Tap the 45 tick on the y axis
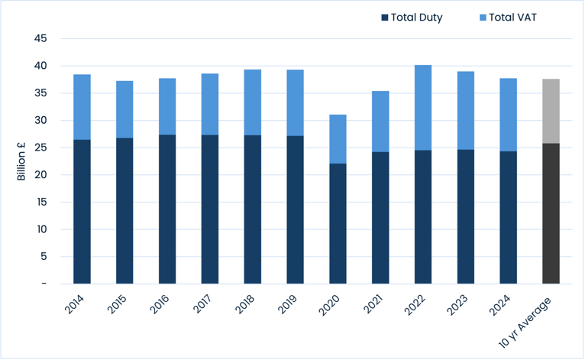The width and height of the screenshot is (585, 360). click(40, 38)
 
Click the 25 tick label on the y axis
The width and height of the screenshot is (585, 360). click(40, 148)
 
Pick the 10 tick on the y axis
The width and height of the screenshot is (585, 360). click(40, 229)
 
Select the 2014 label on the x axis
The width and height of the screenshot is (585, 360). click(76, 306)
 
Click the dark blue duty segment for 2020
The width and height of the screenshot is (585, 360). click(338, 223)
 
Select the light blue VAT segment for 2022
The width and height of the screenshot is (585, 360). click(423, 107)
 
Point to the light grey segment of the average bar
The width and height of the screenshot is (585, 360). click(551, 111)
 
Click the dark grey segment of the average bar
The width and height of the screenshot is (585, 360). click(551, 213)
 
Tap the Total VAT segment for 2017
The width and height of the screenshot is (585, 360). click(209, 104)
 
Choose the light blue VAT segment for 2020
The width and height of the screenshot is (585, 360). click(338, 139)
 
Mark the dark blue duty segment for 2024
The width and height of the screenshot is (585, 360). click(508, 217)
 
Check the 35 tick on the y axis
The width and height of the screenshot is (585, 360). click(40, 93)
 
